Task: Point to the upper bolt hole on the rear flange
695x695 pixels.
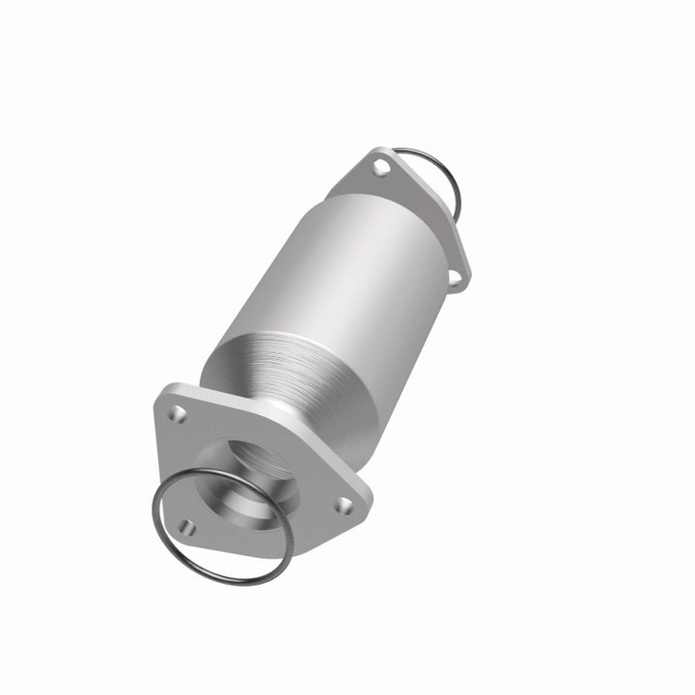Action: [x=380, y=170]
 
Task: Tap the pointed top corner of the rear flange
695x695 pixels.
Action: [x=373, y=152]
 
